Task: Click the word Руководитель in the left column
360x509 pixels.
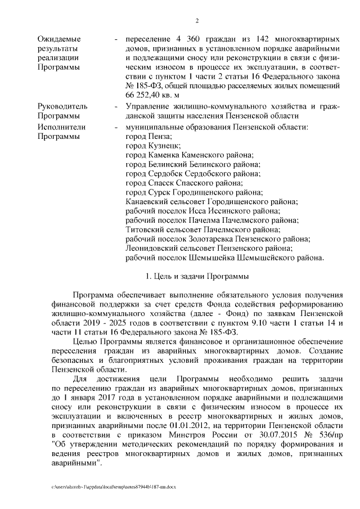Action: tap(62, 106)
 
